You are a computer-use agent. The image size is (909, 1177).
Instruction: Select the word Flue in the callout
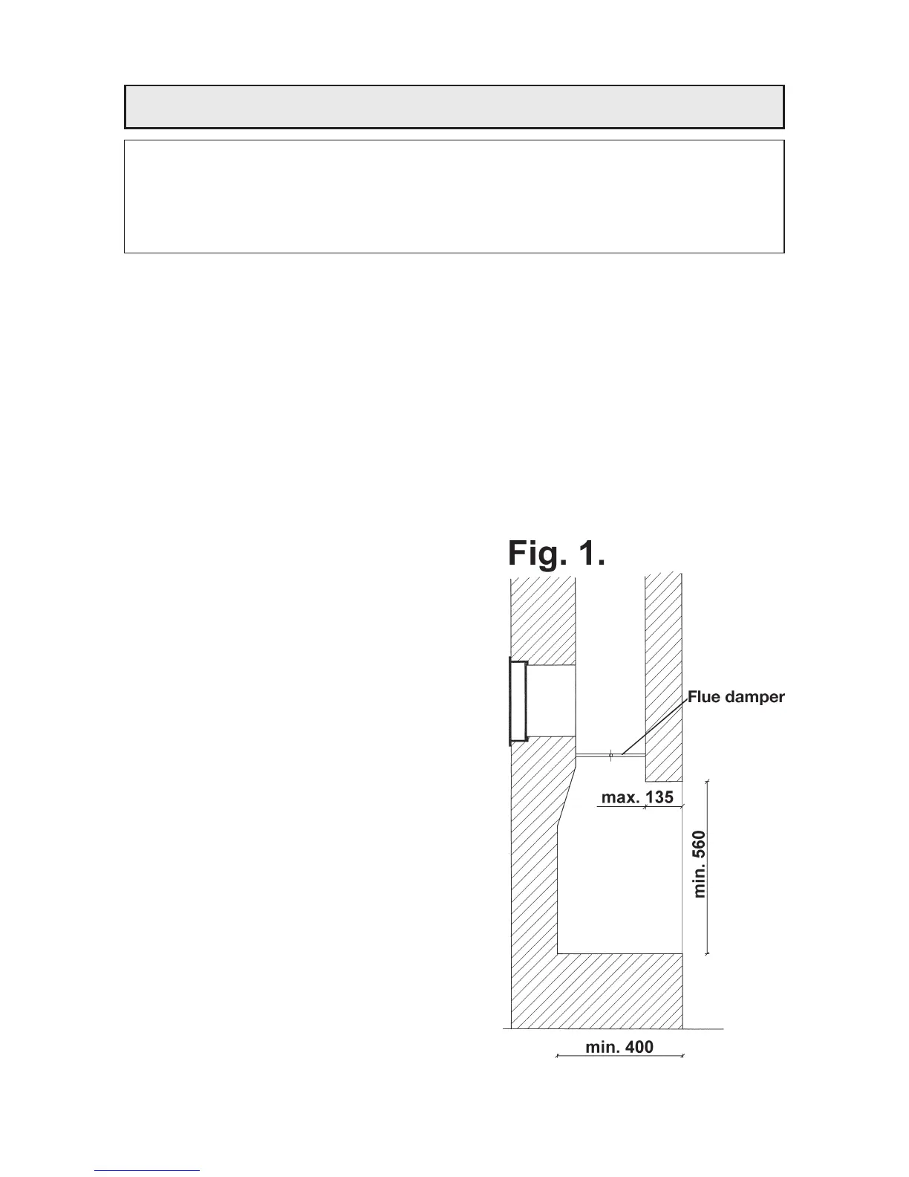[705, 697]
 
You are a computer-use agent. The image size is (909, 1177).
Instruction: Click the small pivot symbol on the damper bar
[610, 756]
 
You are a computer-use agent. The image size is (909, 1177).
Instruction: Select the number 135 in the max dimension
[657, 797]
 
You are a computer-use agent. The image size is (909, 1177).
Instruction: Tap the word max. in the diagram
[618, 797]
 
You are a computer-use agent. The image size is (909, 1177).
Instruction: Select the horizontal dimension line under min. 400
[619, 1056]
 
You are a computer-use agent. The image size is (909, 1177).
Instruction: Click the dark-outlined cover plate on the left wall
[517, 701]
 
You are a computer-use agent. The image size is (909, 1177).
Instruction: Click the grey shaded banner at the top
[454, 107]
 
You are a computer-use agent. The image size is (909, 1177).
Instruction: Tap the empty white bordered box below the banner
[454, 196]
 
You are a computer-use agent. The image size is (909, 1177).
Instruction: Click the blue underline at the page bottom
[148, 1170]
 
